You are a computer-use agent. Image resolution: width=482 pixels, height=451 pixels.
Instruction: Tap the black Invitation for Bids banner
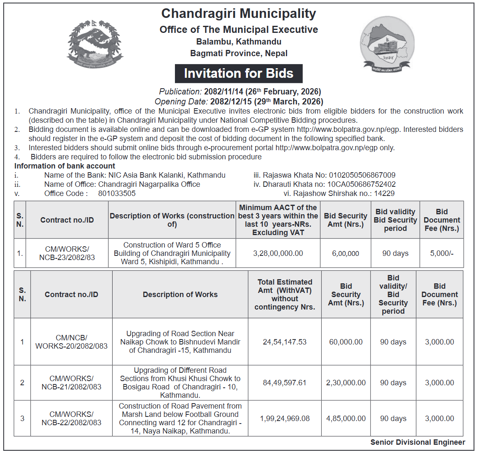tap(239, 74)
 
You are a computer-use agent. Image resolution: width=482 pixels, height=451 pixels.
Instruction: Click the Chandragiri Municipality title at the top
tap(239, 13)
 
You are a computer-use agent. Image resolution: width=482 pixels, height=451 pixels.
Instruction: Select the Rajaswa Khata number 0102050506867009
tap(362, 175)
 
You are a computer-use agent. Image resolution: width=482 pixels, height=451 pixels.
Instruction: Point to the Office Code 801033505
tap(117, 193)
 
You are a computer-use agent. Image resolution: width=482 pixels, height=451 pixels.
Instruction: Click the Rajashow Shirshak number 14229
tap(384, 193)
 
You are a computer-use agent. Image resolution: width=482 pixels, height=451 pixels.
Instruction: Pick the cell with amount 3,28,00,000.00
tap(278, 253)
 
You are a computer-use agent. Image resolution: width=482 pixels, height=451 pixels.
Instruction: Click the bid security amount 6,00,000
tap(345, 253)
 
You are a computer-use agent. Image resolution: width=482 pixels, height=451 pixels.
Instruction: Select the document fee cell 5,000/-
tap(442, 253)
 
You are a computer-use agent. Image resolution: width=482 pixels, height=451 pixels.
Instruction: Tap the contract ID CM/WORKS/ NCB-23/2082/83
tap(67, 253)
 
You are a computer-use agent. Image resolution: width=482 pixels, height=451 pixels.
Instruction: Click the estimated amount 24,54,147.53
tap(285, 342)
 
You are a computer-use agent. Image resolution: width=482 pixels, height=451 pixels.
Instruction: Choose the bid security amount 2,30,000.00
tap(346, 383)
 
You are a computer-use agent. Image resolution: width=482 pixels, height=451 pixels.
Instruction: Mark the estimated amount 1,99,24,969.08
tap(285, 419)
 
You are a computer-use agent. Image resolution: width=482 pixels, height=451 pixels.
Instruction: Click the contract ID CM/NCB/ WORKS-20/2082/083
tap(71, 342)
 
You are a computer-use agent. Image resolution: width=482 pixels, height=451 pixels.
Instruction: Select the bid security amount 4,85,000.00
tap(346, 419)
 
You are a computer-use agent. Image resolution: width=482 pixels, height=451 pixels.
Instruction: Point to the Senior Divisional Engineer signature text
tap(418, 443)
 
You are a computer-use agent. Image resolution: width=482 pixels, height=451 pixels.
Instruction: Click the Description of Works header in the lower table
tap(180, 295)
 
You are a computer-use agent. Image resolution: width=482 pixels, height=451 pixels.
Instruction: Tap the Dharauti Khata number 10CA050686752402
tap(361, 184)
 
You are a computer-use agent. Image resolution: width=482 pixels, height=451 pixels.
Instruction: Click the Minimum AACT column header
tap(278, 220)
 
